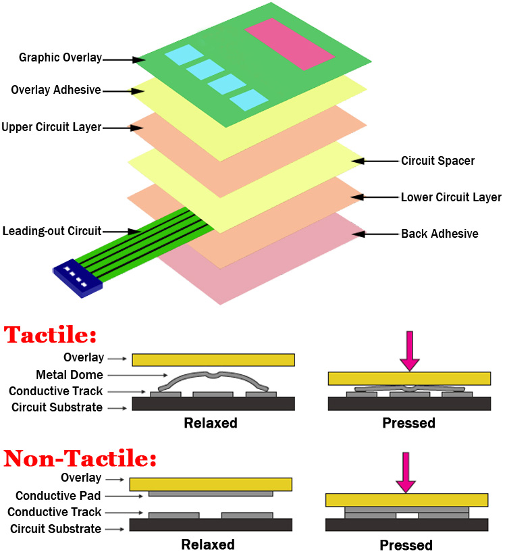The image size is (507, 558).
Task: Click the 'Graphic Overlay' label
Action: click(60, 58)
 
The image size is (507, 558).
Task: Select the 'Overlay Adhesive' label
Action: click(56, 90)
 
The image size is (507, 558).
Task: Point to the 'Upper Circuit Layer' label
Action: click(51, 126)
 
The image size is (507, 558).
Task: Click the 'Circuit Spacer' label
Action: click(437, 161)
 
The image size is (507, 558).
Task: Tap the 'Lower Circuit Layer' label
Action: click(451, 197)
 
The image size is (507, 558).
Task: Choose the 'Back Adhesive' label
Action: click(439, 234)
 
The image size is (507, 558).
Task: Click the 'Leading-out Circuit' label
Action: click(51, 230)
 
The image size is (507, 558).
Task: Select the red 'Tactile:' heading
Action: click(50, 336)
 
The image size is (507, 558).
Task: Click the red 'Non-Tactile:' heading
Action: click(80, 459)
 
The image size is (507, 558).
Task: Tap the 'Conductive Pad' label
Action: click(59, 495)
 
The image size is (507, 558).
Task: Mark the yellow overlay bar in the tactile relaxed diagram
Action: click(213, 359)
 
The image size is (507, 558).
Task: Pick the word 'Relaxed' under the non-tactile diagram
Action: click(207, 544)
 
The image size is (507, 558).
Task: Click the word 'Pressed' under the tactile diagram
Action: click(408, 424)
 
